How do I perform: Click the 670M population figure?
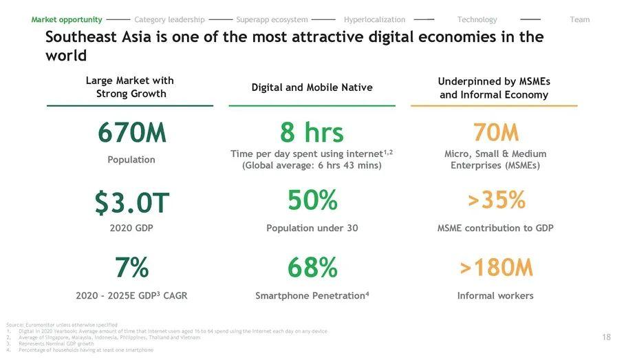pyautogui.click(x=131, y=133)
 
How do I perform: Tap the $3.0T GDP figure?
pyautogui.click(x=131, y=202)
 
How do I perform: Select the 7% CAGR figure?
pyautogui.click(x=131, y=268)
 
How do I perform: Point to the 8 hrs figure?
pyautogui.click(x=312, y=133)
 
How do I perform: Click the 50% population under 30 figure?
pyautogui.click(x=312, y=200)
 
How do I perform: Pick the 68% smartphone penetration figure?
pyautogui.click(x=312, y=268)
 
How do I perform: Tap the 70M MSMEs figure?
pyautogui.click(x=495, y=132)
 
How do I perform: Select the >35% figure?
pyautogui.click(x=495, y=200)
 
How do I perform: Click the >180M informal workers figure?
pyautogui.click(x=495, y=268)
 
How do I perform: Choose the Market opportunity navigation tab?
pyautogui.click(x=67, y=19)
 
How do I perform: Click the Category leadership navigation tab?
pyautogui.click(x=169, y=19)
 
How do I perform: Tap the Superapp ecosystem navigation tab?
pyautogui.click(x=272, y=19)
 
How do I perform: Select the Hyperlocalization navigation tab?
pyautogui.click(x=374, y=19)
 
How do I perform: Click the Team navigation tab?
pyautogui.click(x=580, y=19)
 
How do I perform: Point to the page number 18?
pyautogui.click(x=606, y=337)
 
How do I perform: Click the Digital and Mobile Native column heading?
pyautogui.click(x=312, y=87)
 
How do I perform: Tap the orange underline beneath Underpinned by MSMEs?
pyautogui.click(x=494, y=106)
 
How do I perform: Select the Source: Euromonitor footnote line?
pyautogui.click(x=61, y=325)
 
